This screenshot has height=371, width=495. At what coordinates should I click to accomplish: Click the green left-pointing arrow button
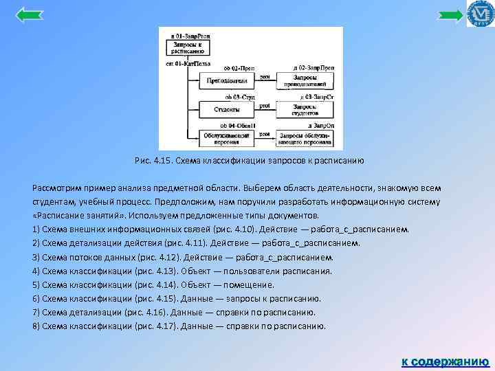pyautogui.click(x=29, y=14)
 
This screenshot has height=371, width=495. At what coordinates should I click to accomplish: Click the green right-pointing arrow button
pyautogui.click(x=451, y=15)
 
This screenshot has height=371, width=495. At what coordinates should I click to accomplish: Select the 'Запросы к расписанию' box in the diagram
pyautogui.click(x=188, y=48)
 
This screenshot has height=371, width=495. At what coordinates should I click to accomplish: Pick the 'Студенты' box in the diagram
pyautogui.click(x=225, y=109)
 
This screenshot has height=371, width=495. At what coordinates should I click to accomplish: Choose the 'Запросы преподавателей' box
pyautogui.click(x=305, y=82)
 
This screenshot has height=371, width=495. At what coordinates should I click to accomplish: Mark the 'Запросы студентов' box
pyautogui.click(x=305, y=109)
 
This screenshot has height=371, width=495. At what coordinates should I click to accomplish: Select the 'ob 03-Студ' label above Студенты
pyautogui.click(x=233, y=98)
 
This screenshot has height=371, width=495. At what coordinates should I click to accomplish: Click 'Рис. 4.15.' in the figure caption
pyautogui.click(x=152, y=161)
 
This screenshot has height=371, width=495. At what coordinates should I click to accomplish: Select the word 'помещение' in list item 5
pyautogui.click(x=254, y=284)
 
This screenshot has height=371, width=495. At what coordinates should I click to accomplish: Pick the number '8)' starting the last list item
pyautogui.click(x=36, y=326)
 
